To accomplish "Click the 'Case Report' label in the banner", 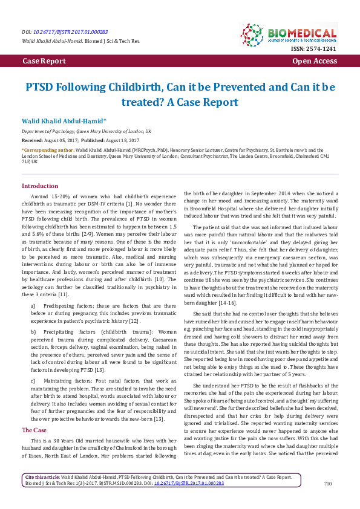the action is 44,62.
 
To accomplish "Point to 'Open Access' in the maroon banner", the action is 314,62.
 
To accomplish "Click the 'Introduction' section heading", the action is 40,186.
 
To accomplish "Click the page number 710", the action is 328,501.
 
